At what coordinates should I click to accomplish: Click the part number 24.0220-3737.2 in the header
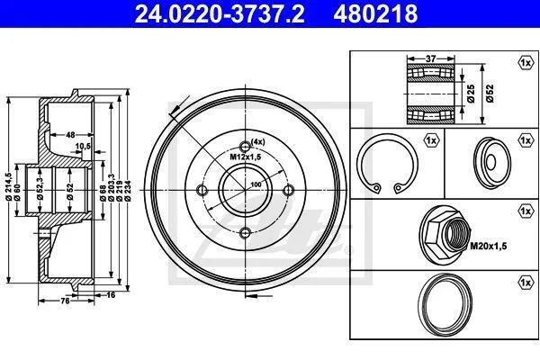click(x=220, y=13)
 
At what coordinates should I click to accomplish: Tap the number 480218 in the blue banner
click(x=375, y=13)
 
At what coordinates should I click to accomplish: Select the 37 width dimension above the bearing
click(x=430, y=58)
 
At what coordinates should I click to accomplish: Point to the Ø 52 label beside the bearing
click(x=490, y=94)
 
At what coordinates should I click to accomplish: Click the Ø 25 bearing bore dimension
click(x=471, y=94)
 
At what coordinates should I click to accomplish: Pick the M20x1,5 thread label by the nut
click(x=489, y=246)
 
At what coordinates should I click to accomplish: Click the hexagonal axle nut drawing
click(x=445, y=235)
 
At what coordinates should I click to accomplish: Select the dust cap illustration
click(x=491, y=163)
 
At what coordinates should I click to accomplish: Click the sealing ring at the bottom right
click(x=445, y=304)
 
